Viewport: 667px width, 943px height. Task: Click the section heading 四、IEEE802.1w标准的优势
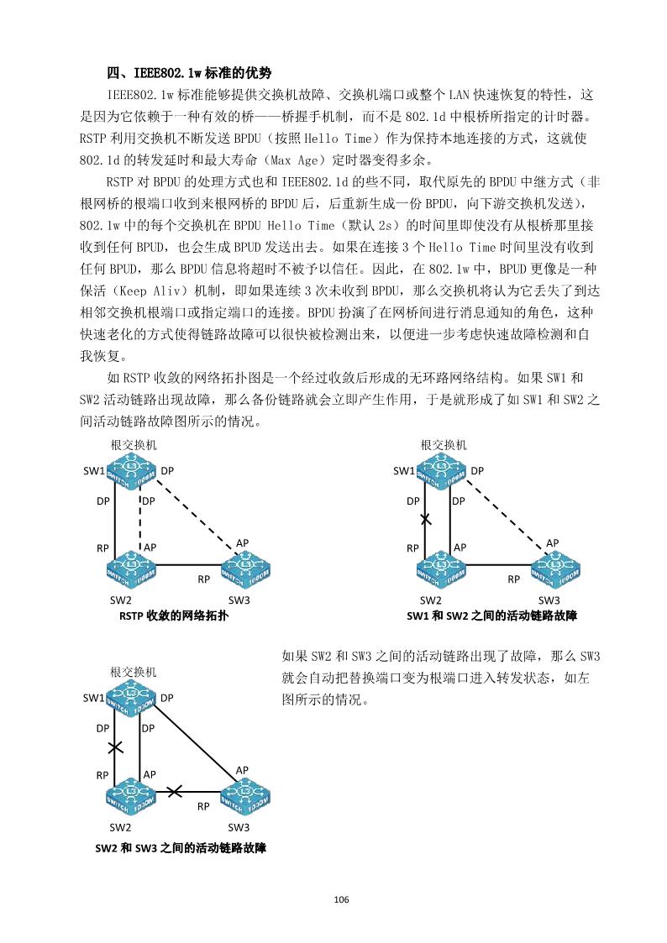click(x=188, y=73)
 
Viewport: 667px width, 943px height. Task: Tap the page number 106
click(x=340, y=900)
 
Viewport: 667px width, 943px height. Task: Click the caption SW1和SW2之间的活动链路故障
click(x=491, y=616)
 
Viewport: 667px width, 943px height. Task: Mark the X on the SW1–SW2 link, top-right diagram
click(x=426, y=520)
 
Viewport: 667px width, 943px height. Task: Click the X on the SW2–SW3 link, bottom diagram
click(x=175, y=791)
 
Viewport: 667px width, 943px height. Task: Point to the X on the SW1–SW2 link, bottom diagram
click(x=115, y=747)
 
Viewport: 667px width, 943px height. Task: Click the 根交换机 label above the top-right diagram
click(x=444, y=444)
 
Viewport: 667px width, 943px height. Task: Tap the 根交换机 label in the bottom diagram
click(x=134, y=672)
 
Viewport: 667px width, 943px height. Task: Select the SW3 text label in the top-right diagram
click(x=549, y=600)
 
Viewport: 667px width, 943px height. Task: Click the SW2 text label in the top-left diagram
click(x=121, y=600)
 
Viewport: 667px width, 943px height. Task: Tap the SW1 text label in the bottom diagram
click(x=92, y=698)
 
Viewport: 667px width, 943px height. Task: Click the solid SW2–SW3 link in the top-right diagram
click(x=496, y=565)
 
